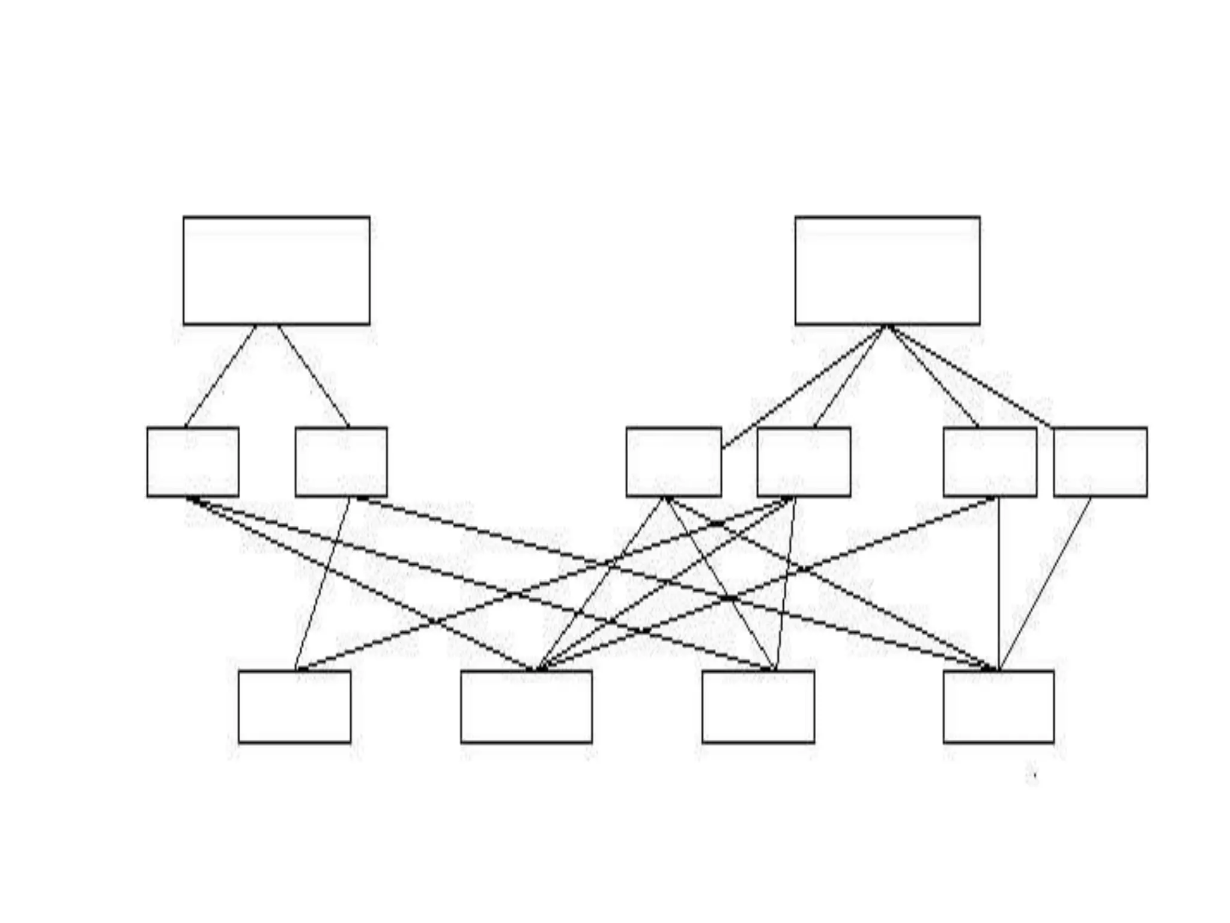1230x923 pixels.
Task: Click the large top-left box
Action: (276, 270)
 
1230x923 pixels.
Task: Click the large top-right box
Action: (887, 270)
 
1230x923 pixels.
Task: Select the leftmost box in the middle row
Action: (193, 461)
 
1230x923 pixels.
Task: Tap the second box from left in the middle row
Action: (341, 461)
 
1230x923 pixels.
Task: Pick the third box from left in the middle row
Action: (673, 461)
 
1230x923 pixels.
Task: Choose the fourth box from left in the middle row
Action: (804, 461)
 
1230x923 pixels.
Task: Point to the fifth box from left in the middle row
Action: (990, 461)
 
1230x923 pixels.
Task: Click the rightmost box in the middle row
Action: (1100, 461)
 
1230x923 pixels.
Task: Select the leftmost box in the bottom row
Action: (294, 707)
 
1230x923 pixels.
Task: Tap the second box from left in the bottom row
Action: (526, 707)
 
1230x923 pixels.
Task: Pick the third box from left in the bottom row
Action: (758, 707)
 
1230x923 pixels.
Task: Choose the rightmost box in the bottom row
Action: (998, 707)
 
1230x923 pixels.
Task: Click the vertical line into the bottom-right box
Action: (998, 583)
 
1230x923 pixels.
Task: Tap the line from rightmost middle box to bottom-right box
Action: (1045, 583)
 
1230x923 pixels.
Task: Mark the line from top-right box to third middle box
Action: (805, 387)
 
